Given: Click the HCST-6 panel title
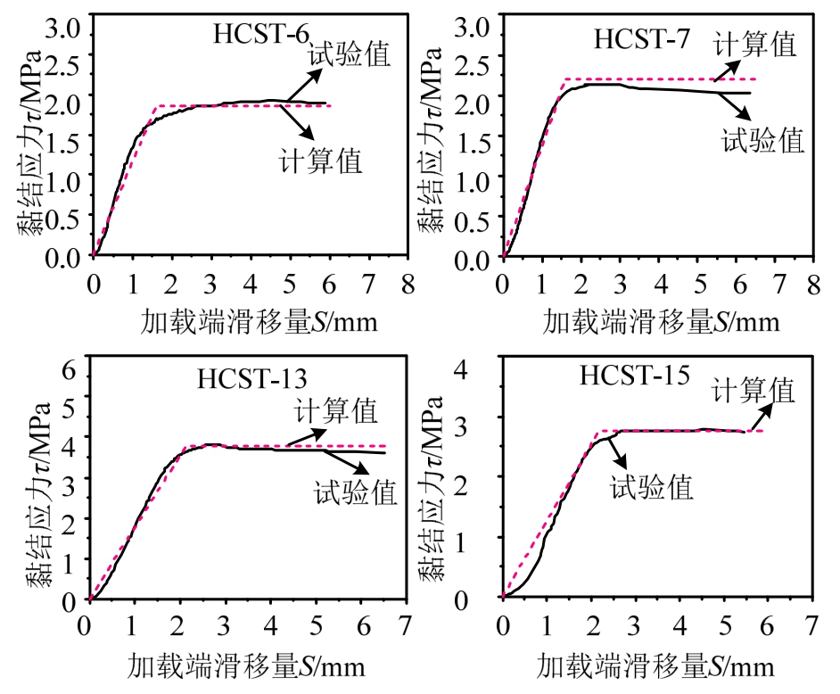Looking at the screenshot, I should click(261, 35).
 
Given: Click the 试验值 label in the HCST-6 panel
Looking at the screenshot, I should click(350, 54).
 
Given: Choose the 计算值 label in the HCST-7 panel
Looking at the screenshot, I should click(755, 44).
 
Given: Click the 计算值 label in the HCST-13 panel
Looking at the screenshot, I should click(337, 411).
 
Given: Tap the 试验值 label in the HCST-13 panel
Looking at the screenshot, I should click(356, 492).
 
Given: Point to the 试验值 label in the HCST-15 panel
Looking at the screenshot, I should click(651, 487).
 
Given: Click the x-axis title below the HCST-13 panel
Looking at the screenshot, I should click(246, 666).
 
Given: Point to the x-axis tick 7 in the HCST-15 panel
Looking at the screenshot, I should click(811, 622).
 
